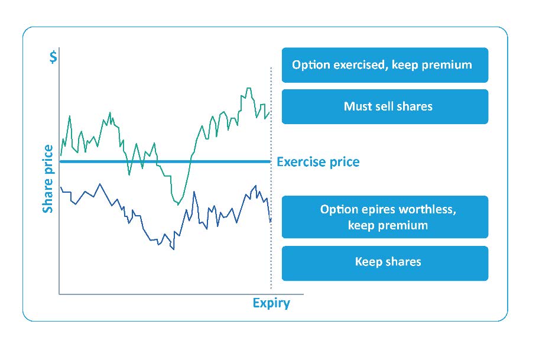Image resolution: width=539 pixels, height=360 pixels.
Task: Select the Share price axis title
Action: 48,179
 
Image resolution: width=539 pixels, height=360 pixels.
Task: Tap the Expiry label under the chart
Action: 271,303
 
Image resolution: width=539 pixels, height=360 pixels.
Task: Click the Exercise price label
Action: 318,161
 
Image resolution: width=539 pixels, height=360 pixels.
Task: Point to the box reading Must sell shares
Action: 385,107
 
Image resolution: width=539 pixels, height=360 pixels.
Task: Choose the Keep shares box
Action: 385,263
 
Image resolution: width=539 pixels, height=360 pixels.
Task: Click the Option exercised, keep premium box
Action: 385,65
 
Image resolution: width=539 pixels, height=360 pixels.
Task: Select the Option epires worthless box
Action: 385,217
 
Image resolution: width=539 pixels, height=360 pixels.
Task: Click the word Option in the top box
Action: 311,65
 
